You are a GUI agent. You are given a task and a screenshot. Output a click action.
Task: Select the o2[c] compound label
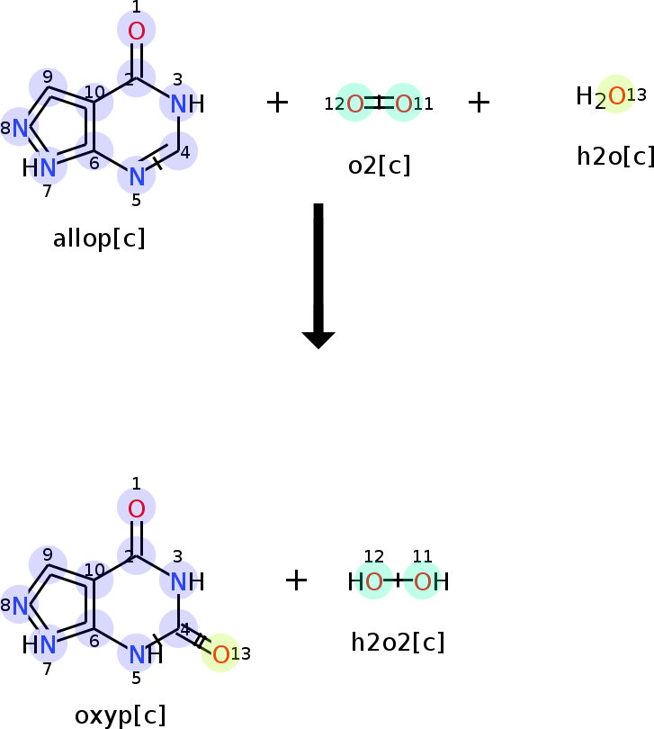380,166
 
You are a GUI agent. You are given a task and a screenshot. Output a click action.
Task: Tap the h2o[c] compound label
615,157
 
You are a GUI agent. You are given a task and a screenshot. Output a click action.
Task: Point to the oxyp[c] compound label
120,716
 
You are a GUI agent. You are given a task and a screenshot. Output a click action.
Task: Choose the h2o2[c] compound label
398,643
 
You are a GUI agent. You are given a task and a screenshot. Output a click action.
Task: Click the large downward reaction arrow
318,276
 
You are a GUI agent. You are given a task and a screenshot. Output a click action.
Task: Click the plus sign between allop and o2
277,103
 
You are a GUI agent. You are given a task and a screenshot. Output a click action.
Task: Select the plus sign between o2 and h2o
479,103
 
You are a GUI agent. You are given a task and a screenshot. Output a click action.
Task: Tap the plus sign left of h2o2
297,580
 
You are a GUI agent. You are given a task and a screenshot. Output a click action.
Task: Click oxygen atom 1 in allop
136,31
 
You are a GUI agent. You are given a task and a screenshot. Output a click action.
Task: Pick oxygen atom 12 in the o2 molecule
354,103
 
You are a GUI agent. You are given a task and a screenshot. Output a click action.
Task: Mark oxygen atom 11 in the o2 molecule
403,103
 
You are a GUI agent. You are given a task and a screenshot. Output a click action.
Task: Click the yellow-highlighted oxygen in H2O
616,95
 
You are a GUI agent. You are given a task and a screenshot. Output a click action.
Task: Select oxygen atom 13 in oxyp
220,654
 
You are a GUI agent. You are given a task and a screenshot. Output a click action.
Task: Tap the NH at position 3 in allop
187,103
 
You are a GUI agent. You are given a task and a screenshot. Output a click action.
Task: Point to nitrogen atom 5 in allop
137,176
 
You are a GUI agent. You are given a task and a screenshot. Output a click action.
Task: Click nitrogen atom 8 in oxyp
20,606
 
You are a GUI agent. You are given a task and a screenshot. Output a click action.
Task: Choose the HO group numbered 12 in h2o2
365,581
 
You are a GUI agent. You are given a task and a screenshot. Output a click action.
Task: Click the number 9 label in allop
48,76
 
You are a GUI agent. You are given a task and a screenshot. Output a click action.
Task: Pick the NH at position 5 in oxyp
146,654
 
